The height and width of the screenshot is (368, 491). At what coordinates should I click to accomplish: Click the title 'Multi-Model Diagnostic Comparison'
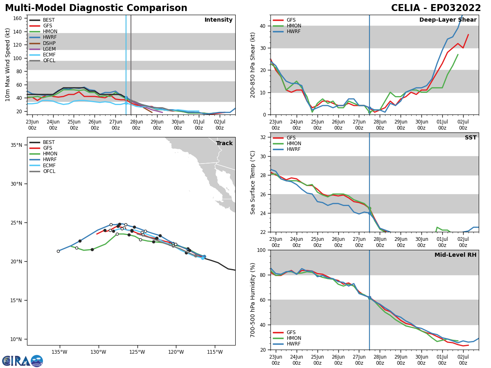pos(96,8)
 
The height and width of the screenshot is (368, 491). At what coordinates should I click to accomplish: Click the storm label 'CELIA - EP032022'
pos(436,8)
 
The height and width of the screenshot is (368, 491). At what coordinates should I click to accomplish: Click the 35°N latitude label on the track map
pos(16,145)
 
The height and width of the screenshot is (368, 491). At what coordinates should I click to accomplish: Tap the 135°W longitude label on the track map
pos(59,352)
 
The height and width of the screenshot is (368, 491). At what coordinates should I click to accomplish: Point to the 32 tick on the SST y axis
pos(264,137)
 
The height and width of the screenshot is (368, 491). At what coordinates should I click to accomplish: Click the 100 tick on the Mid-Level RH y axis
pos(262,250)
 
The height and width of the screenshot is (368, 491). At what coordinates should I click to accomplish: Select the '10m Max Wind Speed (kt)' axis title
pos(8,65)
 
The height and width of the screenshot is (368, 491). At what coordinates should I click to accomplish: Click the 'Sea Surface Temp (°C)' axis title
pos(253,182)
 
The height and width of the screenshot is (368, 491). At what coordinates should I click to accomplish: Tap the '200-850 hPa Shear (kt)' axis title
pos(253,65)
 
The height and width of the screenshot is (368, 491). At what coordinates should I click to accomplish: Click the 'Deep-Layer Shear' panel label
pos(448,20)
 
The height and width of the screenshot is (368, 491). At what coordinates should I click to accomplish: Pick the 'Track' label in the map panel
pos(224,144)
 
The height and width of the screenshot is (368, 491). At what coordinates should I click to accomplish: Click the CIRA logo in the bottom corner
pos(23,361)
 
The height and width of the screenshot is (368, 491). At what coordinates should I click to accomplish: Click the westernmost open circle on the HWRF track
pos(58,251)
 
